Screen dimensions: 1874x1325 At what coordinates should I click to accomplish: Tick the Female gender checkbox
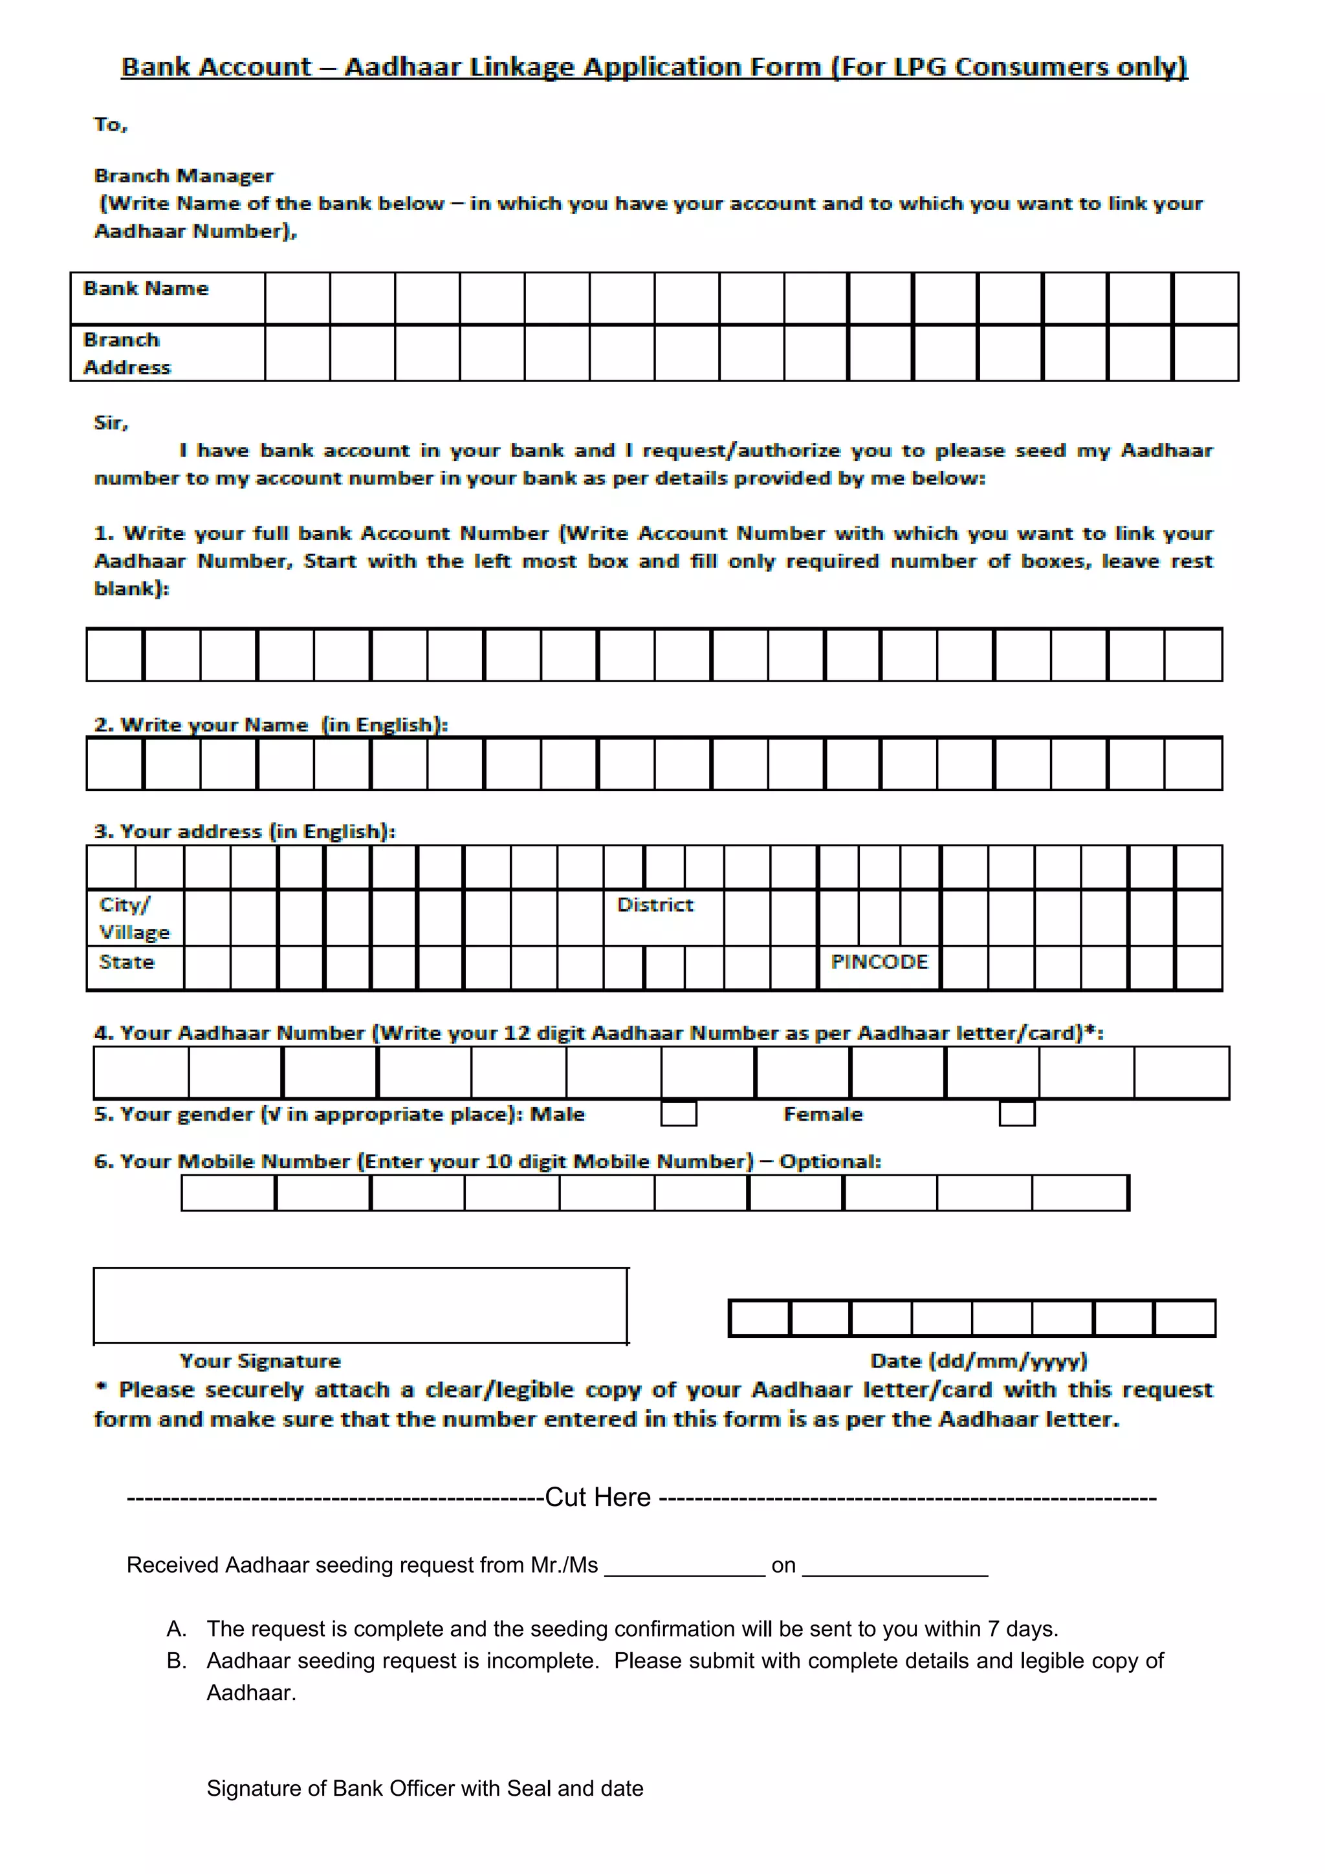(x=1016, y=1114)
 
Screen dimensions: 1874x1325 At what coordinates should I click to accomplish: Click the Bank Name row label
(x=146, y=289)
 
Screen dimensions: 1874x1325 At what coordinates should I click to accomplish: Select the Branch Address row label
(x=127, y=354)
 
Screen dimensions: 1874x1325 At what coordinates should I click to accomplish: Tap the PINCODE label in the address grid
(x=879, y=962)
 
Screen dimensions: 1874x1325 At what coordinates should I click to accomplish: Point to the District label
(x=655, y=905)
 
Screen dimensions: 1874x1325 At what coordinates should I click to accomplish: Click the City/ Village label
(x=134, y=918)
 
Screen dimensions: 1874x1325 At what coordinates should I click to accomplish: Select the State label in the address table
(x=127, y=962)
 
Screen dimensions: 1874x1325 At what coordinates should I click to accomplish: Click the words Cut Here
(x=598, y=1497)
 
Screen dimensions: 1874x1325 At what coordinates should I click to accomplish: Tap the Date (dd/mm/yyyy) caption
(x=978, y=1361)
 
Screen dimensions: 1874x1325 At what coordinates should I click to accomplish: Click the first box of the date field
(x=760, y=1318)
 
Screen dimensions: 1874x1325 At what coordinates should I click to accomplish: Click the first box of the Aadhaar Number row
(x=141, y=1073)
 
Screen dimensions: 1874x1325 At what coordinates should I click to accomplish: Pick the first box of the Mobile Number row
(x=228, y=1193)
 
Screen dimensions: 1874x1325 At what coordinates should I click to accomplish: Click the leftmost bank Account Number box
(x=115, y=654)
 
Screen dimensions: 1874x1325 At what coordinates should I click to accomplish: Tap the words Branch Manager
(x=184, y=175)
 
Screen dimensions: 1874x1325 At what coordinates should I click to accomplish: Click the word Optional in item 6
(x=828, y=1161)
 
